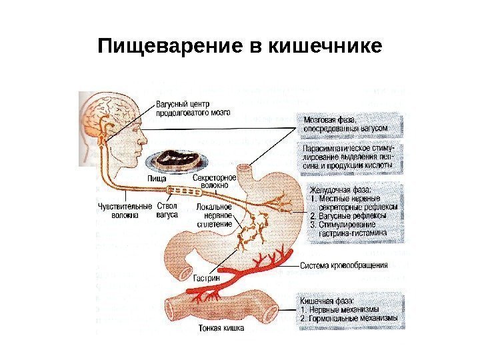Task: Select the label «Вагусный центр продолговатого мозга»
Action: click(193, 109)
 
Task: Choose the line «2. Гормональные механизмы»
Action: click(349, 318)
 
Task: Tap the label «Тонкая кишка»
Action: click(221, 329)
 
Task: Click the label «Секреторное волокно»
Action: click(215, 182)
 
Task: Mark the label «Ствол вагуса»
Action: click(167, 211)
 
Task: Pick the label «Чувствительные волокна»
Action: click(125, 211)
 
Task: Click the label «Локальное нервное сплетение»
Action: click(215, 216)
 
